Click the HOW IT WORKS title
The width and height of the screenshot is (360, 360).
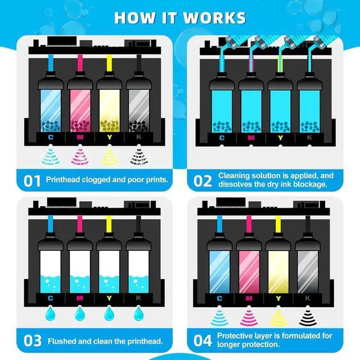(180, 16)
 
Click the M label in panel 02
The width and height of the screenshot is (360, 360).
(251, 137)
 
